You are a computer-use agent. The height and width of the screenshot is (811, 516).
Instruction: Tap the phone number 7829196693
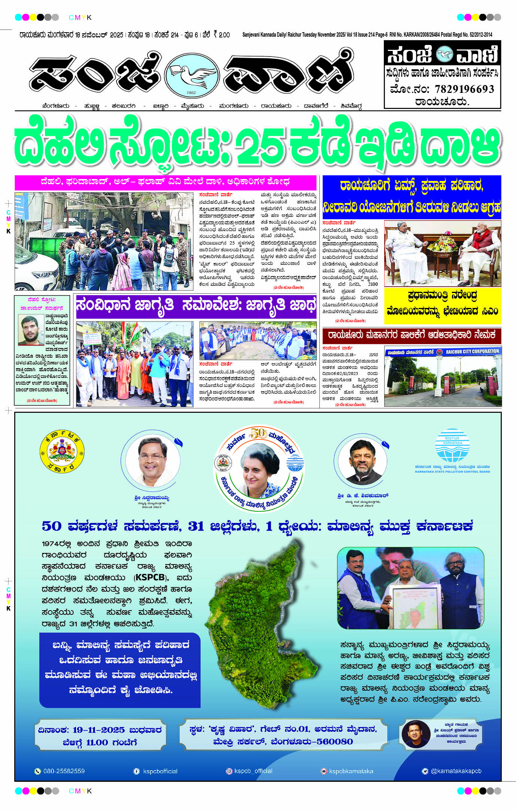pos(464,89)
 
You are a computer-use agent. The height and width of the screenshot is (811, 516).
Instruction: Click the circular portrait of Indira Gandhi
pos(259,468)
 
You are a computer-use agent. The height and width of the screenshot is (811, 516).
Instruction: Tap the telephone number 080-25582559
pos(64,771)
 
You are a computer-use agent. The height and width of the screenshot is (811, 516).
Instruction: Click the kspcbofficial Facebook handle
pos(160,771)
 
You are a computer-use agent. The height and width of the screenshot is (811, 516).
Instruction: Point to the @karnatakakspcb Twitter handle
pos(456,771)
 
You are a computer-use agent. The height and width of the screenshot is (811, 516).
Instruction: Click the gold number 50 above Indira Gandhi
pos(258,433)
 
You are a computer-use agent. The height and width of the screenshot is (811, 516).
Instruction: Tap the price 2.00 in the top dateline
pos(224,35)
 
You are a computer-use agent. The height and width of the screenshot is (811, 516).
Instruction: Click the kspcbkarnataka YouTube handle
pos(351,771)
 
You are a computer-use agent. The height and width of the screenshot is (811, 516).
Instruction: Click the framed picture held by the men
pos(416,607)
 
